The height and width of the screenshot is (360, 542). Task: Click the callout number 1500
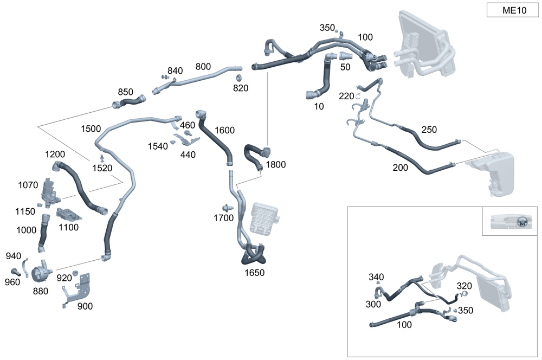(91, 129)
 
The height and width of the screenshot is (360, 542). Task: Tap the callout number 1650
(254, 273)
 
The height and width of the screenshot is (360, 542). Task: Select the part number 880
(40, 291)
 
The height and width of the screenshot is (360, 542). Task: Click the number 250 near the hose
(429, 130)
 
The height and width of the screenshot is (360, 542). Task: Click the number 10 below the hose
(319, 107)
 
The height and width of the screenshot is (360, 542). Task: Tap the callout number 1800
(276, 164)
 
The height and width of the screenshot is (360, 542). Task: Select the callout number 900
(85, 306)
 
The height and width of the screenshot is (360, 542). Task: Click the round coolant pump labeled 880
(40, 271)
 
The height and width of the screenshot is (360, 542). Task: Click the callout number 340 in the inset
(376, 278)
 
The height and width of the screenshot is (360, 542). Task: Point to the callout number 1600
(224, 130)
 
